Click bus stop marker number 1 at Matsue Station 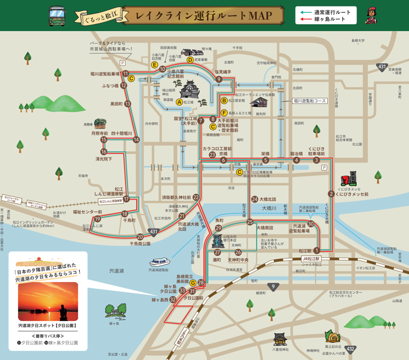pos(316,251)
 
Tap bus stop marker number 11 pos(125,74)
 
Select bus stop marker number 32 pos(173,300)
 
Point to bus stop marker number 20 pos(140,237)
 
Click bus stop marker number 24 pos(255,199)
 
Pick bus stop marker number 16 pos(104,151)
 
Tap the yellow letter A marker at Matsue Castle pos(179,102)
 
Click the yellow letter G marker pos(193,283)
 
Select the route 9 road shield pos(274,287)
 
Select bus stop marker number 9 pos(219,79)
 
